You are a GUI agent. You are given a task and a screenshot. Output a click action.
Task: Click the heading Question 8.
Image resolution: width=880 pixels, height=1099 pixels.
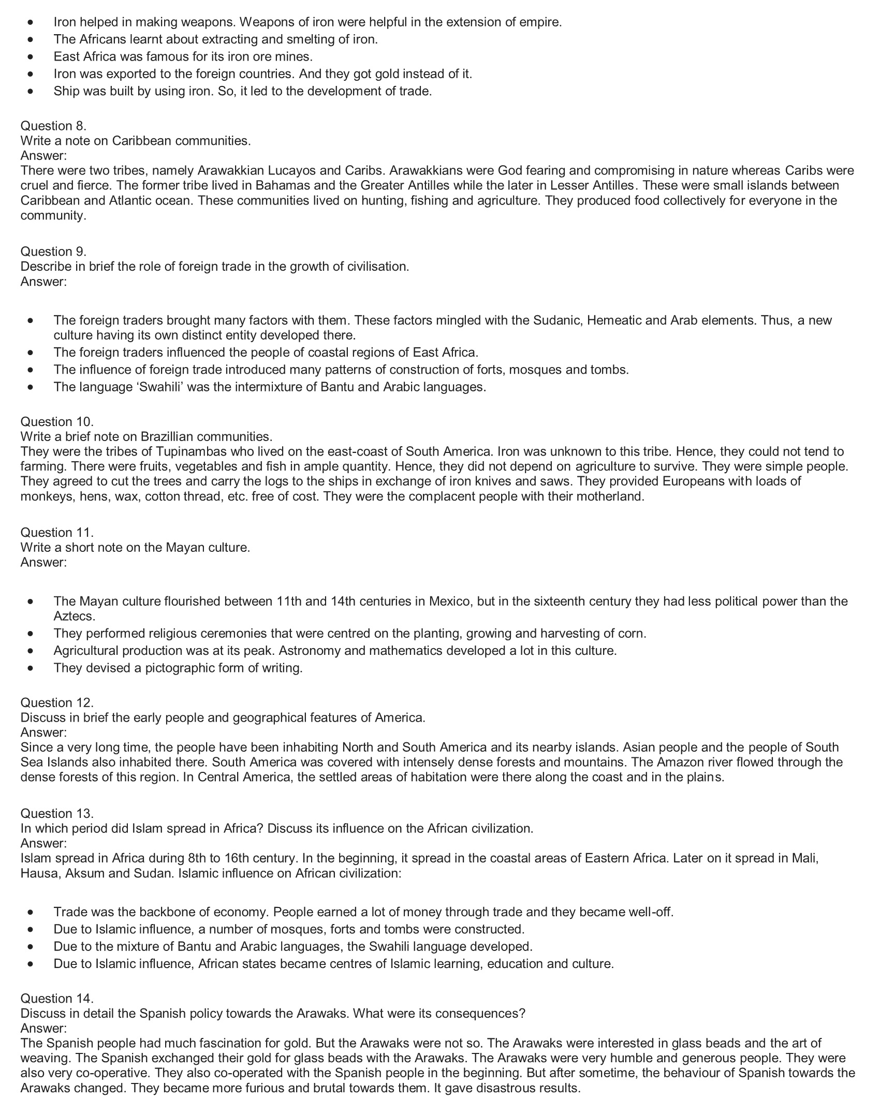(x=53, y=126)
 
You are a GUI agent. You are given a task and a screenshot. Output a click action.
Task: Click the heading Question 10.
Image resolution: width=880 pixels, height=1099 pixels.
(x=57, y=421)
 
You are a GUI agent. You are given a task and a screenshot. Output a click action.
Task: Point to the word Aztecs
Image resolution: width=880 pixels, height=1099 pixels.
(x=75, y=616)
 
